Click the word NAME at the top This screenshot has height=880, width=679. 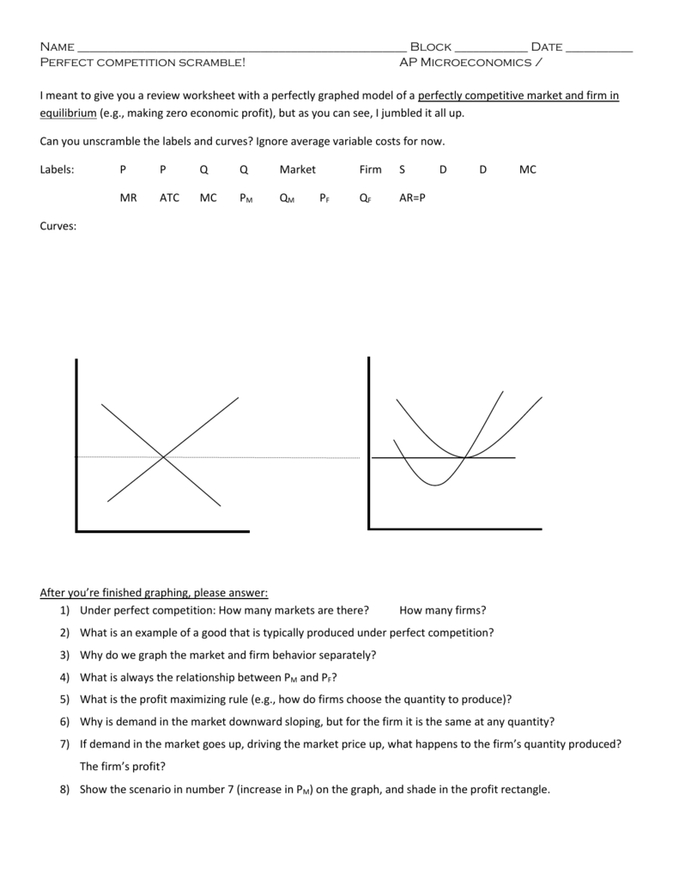[x=57, y=46]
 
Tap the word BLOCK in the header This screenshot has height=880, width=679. [x=430, y=46]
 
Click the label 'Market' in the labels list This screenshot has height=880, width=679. [x=297, y=169]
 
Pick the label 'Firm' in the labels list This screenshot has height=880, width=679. [x=370, y=169]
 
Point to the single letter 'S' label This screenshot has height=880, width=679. [x=402, y=169]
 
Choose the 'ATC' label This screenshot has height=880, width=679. [x=169, y=197]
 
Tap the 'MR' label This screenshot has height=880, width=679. [x=129, y=197]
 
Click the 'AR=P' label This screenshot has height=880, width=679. [x=412, y=197]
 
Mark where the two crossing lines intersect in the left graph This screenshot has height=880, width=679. [x=164, y=456]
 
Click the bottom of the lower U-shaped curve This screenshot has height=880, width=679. [x=435, y=486]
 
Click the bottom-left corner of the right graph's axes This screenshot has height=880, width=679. [x=369, y=529]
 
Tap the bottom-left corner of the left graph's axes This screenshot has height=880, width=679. [x=77, y=531]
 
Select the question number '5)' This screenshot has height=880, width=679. [x=64, y=699]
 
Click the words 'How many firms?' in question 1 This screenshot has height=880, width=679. [x=442, y=610]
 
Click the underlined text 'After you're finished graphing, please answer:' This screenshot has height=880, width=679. [x=154, y=592]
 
